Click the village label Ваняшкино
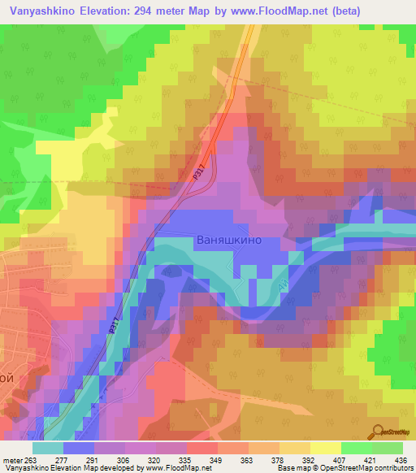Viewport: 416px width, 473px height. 229,241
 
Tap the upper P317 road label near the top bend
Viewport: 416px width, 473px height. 199,170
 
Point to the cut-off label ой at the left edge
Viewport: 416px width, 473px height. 6,378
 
